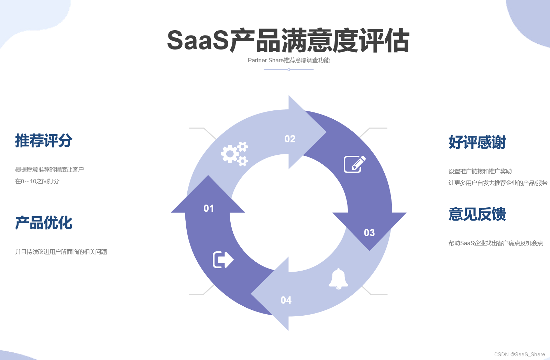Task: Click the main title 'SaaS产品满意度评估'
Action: pos(288,41)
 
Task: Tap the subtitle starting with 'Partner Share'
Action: pos(288,60)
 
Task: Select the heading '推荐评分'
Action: pos(44,141)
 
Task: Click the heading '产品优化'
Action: pos(44,223)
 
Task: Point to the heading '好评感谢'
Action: pos(477,142)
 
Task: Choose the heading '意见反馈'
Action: pos(477,214)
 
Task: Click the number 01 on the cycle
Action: pos(209,208)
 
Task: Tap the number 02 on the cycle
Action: pos(290,139)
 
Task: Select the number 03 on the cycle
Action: pos(369,233)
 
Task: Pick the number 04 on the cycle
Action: pos(286,300)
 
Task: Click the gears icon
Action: pos(234,154)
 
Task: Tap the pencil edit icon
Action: pos(354,164)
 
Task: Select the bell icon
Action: pos(339,279)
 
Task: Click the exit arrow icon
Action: pos(223,260)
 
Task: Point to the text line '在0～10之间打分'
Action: pos(37,181)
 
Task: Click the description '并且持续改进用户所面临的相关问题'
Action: pos(61,252)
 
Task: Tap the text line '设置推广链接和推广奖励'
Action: pos(480,171)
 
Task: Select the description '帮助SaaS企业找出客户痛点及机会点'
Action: pos(496,243)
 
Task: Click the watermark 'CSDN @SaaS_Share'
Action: pos(519,354)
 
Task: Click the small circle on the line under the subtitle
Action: pos(289,69)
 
